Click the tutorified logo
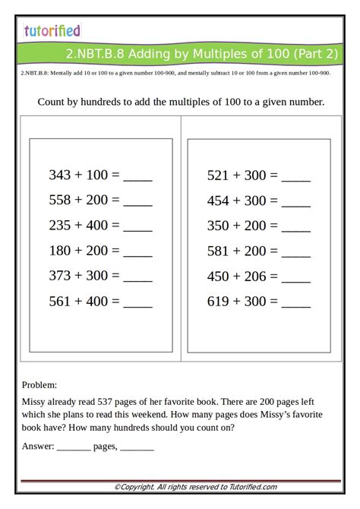[52, 31]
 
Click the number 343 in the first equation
[60, 175]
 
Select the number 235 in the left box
[60, 226]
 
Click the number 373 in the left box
[60, 276]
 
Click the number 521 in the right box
[218, 175]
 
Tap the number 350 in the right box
[218, 226]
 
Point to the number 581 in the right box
[218, 251]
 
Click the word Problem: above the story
[39, 385]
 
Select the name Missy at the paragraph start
[34, 402]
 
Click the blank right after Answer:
[73, 447]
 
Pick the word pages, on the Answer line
[105, 447]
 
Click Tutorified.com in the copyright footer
[251, 487]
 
